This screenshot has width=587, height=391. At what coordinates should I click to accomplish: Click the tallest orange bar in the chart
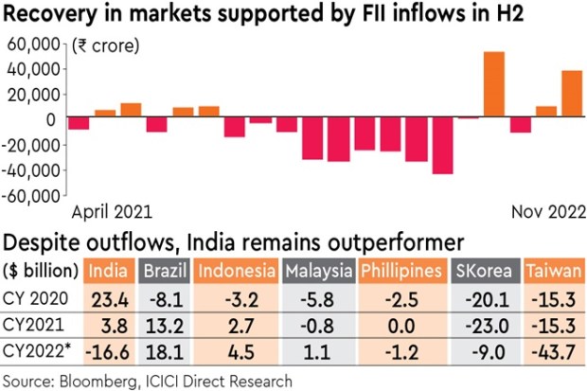pyautogui.click(x=493, y=85)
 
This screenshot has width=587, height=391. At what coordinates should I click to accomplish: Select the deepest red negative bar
pyautogui.click(x=442, y=146)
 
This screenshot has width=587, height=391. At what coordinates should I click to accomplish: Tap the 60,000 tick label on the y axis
pyautogui.click(x=34, y=44)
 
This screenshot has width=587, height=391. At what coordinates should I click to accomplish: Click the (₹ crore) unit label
pyautogui.click(x=105, y=45)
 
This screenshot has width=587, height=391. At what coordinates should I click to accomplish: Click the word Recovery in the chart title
pyautogui.click(x=46, y=15)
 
